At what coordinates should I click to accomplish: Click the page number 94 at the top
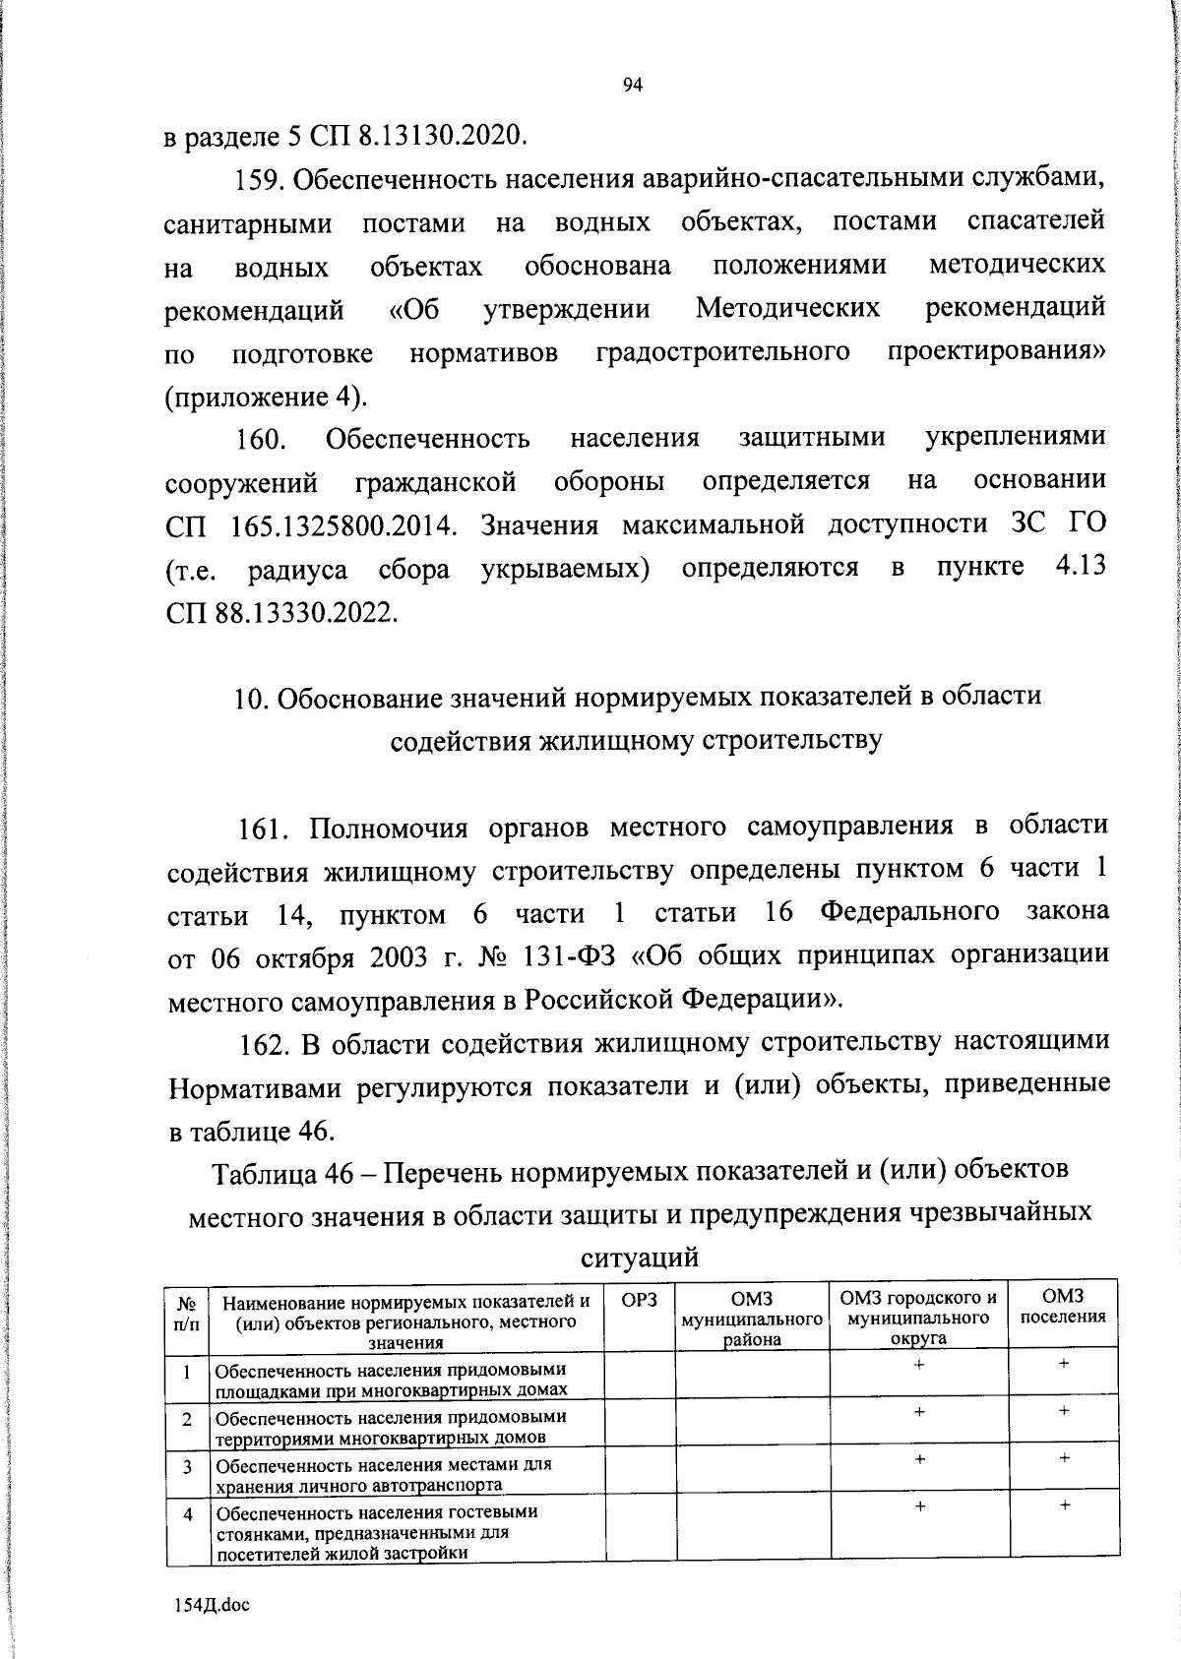pyautogui.click(x=633, y=86)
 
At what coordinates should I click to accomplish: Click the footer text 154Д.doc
pyautogui.click(x=209, y=1605)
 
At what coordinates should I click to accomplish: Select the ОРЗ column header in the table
pyautogui.click(x=640, y=1300)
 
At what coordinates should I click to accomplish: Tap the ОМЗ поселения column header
pyautogui.click(x=1063, y=1308)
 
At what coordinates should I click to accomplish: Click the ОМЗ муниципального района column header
pyautogui.click(x=752, y=1318)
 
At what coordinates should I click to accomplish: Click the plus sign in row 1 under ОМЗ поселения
pyautogui.click(x=1064, y=1364)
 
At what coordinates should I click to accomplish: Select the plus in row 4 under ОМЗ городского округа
pyautogui.click(x=918, y=1506)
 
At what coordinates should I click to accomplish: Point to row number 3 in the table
pyautogui.click(x=187, y=1466)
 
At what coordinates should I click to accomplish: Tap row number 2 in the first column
pyautogui.click(x=187, y=1419)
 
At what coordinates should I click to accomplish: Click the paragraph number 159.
pyautogui.click(x=258, y=180)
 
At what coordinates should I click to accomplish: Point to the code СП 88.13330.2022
pyautogui.click(x=282, y=613)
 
